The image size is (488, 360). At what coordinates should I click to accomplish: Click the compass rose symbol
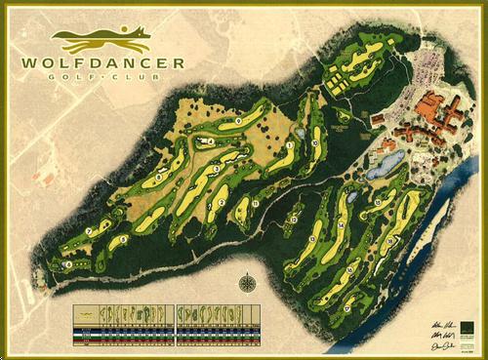pyautogui.click(x=247, y=284)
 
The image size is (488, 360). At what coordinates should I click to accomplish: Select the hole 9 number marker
pyautogui.click(x=238, y=120)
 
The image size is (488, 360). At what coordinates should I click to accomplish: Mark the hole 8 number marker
pyautogui.click(x=158, y=177)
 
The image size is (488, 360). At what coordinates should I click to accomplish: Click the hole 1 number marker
pyautogui.click(x=291, y=145)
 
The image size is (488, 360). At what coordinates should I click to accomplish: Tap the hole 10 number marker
pyautogui.click(x=315, y=143)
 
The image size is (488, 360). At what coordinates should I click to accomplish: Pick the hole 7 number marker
pyautogui.click(x=91, y=230)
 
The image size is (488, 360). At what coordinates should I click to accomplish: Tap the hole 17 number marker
pyautogui.click(x=347, y=308)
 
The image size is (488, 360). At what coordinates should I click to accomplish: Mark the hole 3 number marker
pyautogui.click(x=216, y=169)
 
